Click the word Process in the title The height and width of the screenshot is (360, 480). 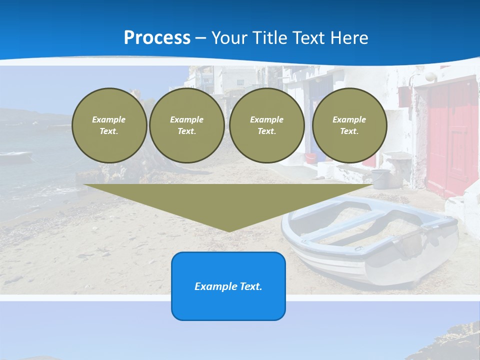coord(157,38)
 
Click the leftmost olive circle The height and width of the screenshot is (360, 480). coord(109,125)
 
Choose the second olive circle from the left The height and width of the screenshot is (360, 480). coord(186,125)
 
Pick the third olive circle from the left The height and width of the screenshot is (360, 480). coord(266,125)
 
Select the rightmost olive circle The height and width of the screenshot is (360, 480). coord(349,125)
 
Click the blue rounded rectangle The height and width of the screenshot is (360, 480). coord(228,286)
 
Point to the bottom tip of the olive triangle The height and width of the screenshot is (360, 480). coord(228,231)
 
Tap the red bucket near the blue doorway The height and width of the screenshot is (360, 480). coord(311,158)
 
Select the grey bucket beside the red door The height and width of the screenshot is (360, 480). coord(381,178)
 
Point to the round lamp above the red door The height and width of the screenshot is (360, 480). coord(430,76)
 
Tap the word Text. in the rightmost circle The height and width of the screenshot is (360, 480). coord(349,131)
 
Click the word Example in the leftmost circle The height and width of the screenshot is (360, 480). coord(109,120)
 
